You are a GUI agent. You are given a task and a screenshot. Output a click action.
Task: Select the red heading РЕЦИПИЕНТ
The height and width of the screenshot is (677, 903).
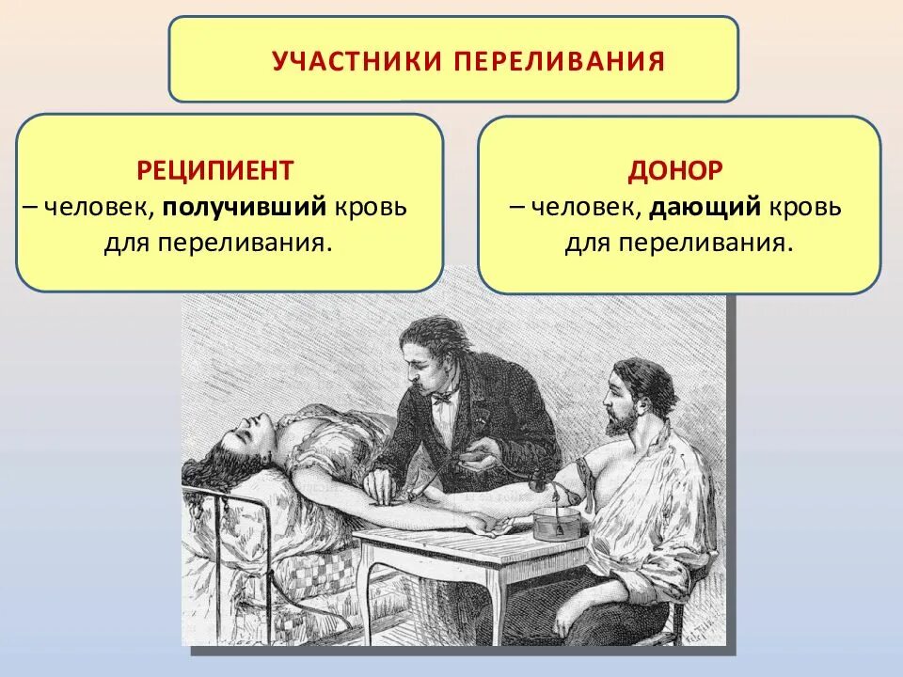(x=215, y=170)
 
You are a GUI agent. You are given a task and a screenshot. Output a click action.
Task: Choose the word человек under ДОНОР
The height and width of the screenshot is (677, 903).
(x=585, y=207)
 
